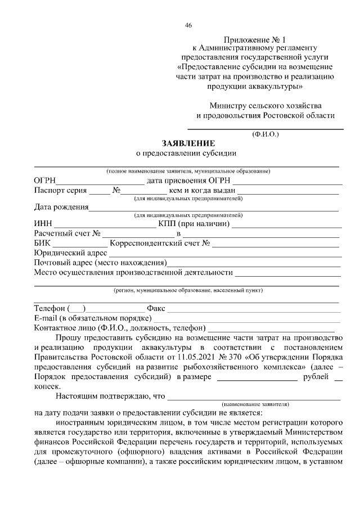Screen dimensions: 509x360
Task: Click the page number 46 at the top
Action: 188,25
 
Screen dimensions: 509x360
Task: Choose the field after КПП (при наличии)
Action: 286,224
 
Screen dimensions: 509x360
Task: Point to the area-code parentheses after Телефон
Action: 76,308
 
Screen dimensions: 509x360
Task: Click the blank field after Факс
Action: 253,308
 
